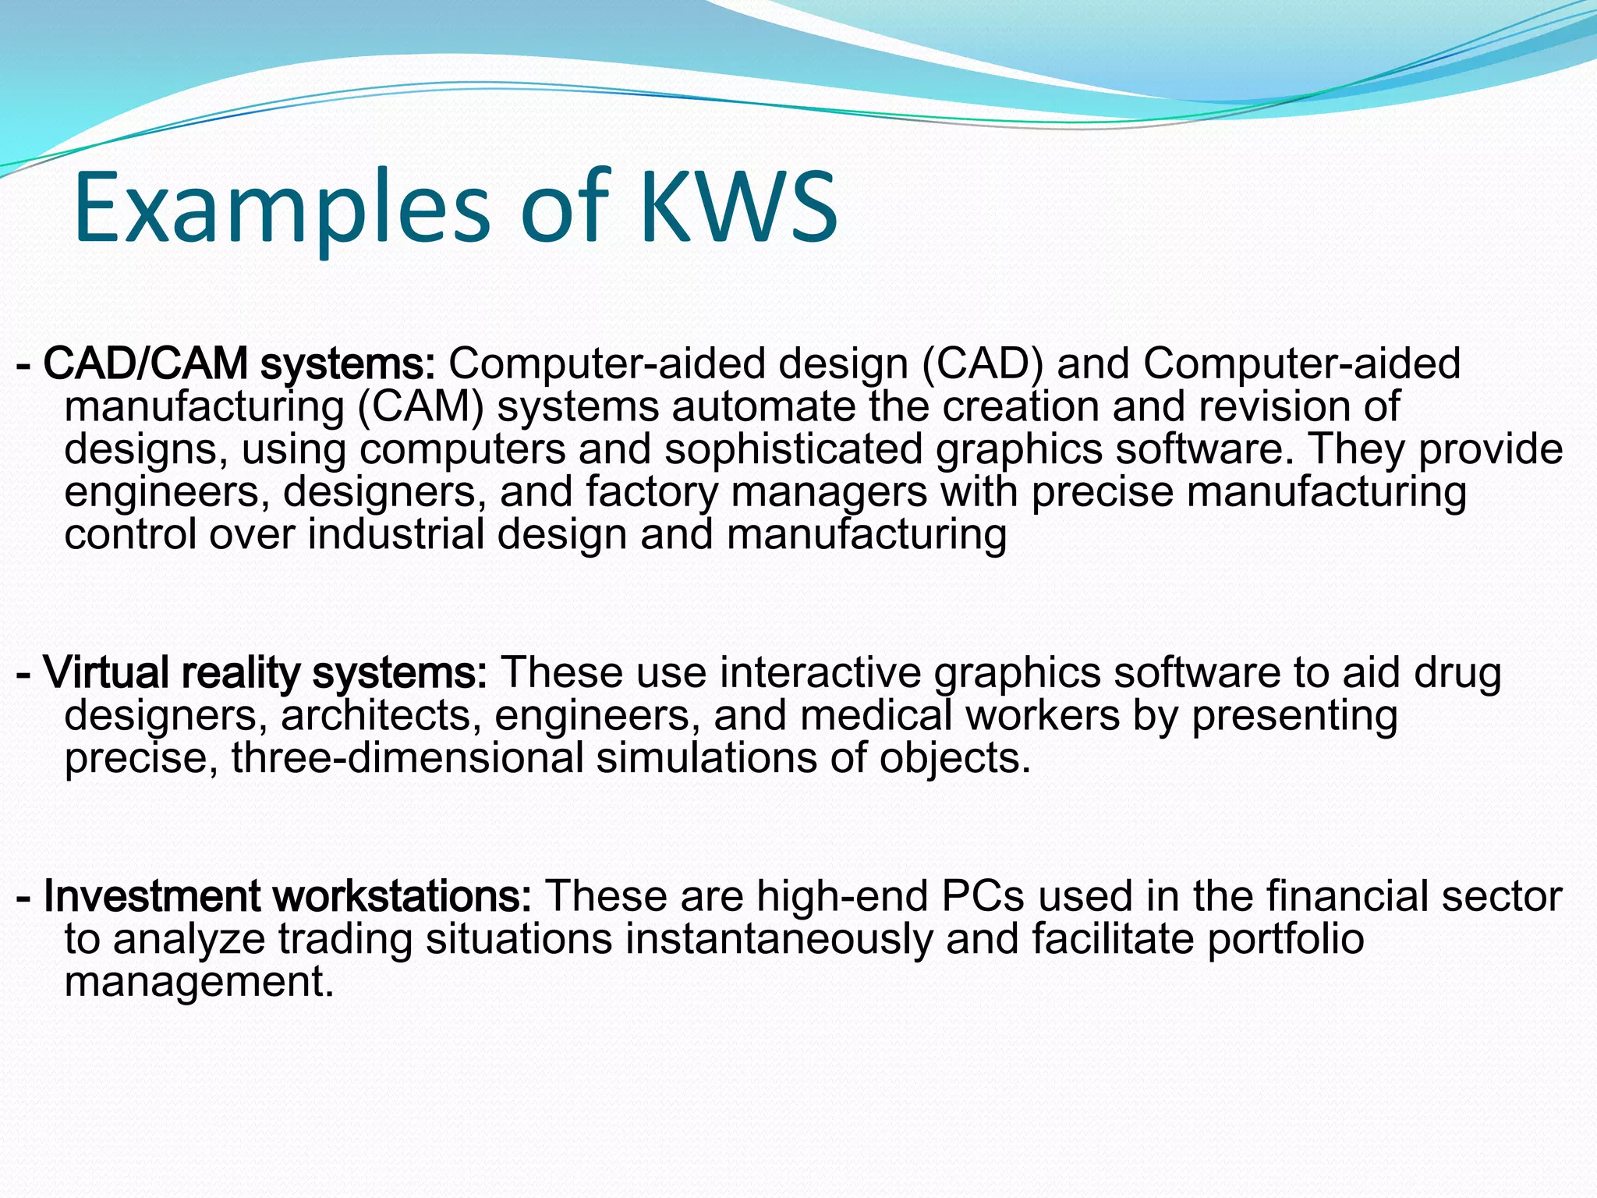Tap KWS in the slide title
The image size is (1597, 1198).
point(738,207)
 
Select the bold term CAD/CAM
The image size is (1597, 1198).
point(145,363)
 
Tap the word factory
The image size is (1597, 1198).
point(651,492)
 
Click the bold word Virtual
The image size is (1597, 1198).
point(106,672)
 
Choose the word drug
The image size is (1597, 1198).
point(1457,672)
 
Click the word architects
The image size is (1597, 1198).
point(381,715)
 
